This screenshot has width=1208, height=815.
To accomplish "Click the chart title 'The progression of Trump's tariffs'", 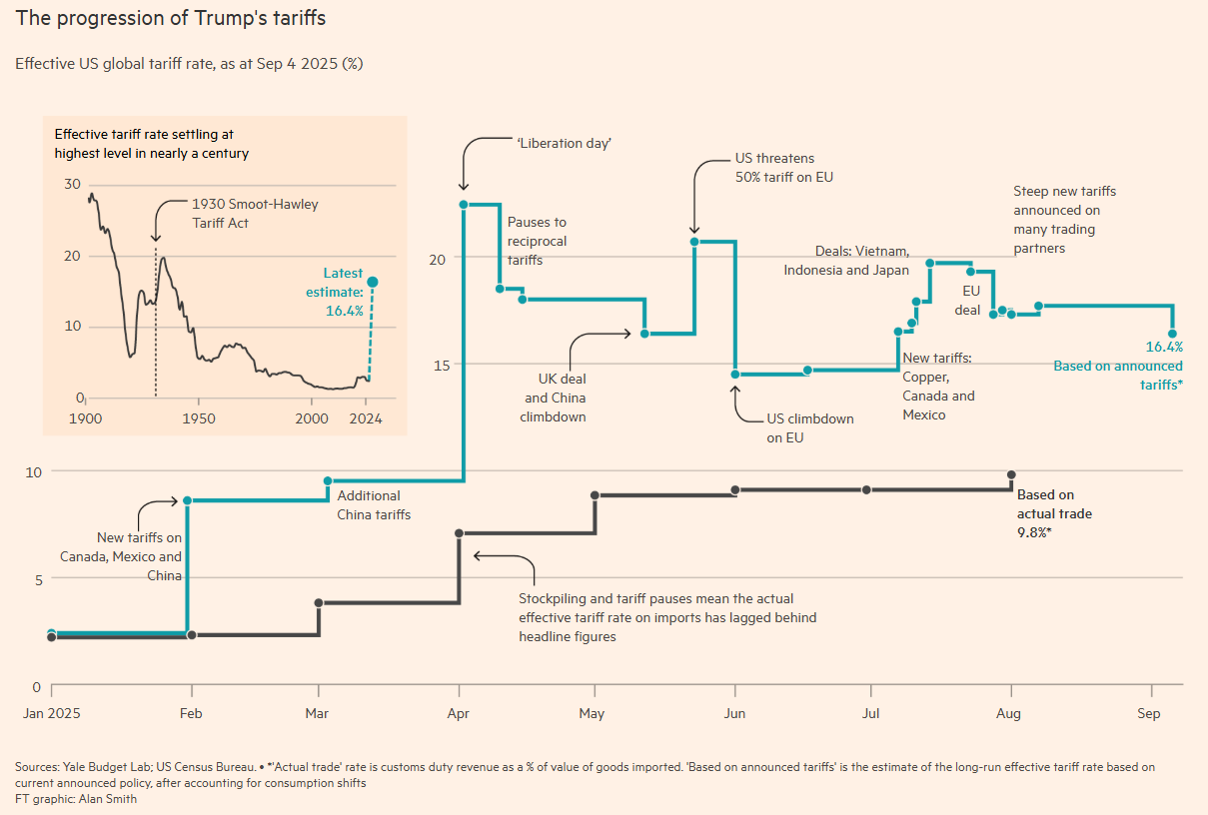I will [x=170, y=18].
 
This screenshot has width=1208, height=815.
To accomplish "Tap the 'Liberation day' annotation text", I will [x=564, y=143].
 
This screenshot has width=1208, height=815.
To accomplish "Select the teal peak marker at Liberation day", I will [x=464, y=205].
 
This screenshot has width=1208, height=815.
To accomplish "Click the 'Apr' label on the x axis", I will [x=458, y=714].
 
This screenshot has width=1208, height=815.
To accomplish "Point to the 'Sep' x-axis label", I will [x=1148, y=714].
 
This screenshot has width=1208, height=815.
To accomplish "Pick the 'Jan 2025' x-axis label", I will [x=51, y=714].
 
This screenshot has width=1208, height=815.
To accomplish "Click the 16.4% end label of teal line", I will [x=1164, y=348].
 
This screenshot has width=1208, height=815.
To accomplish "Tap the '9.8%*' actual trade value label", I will [x=1034, y=533].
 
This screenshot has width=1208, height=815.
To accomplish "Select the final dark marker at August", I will [x=1011, y=474].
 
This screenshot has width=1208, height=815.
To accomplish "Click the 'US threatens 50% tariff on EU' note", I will [x=783, y=168].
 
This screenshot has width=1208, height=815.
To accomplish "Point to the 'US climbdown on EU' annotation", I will [x=810, y=427].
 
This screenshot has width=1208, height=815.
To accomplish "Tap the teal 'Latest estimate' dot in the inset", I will [x=373, y=282].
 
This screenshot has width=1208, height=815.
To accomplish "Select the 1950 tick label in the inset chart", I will [x=198, y=417].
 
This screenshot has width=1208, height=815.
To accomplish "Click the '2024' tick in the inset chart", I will [x=366, y=417].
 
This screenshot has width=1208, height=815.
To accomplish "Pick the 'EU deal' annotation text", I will [x=968, y=300].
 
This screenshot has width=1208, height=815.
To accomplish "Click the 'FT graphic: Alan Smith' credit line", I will [x=76, y=799].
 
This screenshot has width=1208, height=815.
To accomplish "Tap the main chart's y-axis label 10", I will [x=33, y=470].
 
